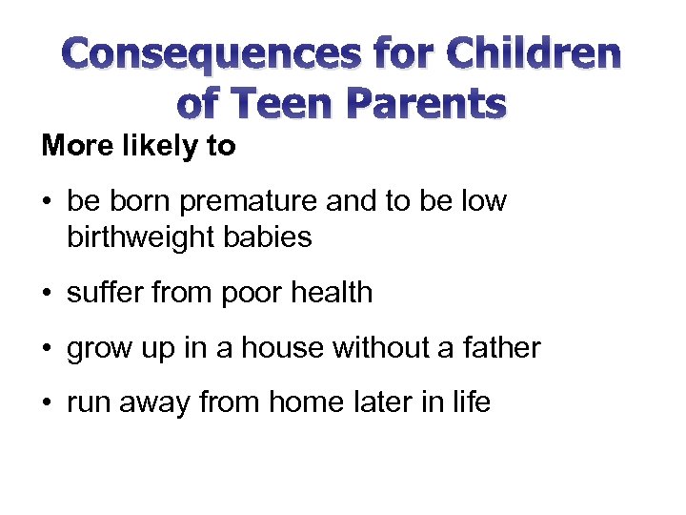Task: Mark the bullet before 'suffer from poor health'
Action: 48,293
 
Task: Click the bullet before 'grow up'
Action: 48,348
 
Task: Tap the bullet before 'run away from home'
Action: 48,403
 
